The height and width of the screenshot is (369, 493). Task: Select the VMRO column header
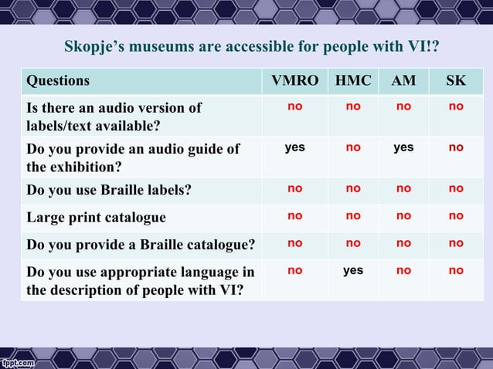tap(294, 81)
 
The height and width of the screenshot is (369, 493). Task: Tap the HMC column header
tap(352, 81)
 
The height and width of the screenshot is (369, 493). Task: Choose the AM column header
tap(403, 81)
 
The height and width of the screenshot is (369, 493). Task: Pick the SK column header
tap(456, 81)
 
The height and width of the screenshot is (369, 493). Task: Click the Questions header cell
tap(58, 81)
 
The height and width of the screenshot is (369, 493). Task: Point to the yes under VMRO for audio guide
tap(294, 147)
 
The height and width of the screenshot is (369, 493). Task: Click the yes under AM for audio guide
tap(403, 147)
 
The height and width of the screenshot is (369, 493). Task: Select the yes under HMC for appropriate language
tap(353, 270)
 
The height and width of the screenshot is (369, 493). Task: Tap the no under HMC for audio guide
tap(353, 147)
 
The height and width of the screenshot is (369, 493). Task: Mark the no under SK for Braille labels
tap(456, 188)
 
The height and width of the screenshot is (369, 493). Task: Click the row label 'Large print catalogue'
tap(97, 218)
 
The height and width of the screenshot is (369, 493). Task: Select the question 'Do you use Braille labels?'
tap(109, 188)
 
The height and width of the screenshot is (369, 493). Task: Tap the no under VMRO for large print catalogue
tap(294, 216)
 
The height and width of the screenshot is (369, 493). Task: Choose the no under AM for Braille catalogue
tap(403, 243)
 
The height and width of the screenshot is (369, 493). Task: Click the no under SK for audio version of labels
tap(456, 107)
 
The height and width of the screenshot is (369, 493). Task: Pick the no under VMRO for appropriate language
tap(294, 270)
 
